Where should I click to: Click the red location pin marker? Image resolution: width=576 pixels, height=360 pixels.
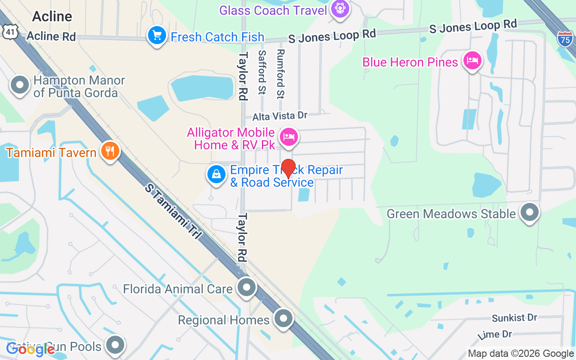pyautogui.click(x=288, y=168)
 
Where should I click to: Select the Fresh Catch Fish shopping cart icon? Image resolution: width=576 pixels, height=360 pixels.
pyautogui.click(x=157, y=35)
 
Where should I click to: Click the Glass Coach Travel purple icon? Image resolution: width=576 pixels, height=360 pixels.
pyautogui.click(x=339, y=9)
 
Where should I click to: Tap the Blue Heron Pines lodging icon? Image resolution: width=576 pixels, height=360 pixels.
pyautogui.click(x=472, y=60)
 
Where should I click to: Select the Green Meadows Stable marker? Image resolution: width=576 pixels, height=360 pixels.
pyautogui.click(x=530, y=211)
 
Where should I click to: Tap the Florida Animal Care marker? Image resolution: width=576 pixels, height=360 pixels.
pyautogui.click(x=246, y=287)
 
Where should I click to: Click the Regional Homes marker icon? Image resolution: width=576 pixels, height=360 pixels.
pyautogui.click(x=283, y=319)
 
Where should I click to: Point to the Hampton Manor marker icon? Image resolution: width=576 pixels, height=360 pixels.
pyautogui.click(x=20, y=85)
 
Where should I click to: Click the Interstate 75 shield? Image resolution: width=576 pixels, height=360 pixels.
pyautogui.click(x=565, y=39)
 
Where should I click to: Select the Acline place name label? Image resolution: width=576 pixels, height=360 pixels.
pyautogui.click(x=52, y=17)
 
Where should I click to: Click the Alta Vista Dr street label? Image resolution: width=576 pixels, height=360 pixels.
pyautogui.click(x=279, y=116)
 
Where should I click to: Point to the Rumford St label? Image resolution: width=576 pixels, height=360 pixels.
pyautogui.click(x=281, y=74)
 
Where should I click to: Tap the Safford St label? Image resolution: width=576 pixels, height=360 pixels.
pyautogui.click(x=261, y=72)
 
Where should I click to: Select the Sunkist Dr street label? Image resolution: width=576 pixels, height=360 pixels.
pyautogui.click(x=514, y=318)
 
